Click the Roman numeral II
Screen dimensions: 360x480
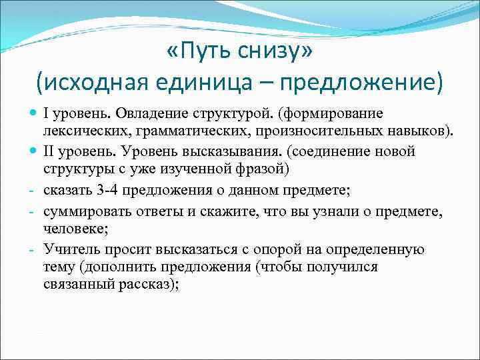51,151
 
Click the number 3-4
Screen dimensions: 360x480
111,191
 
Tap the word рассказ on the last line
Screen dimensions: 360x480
149,285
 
